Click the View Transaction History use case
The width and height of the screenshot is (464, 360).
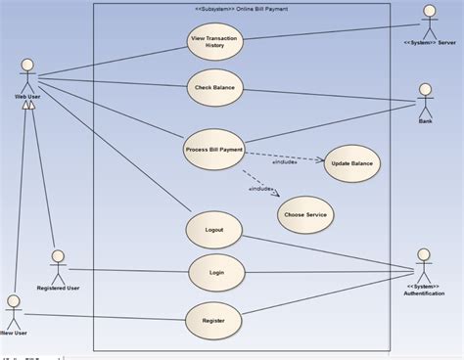[x=213, y=42]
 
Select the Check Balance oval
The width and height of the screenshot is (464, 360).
[x=213, y=88]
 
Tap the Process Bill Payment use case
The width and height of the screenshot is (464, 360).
[x=213, y=150]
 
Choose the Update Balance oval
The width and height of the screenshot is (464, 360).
[x=351, y=163]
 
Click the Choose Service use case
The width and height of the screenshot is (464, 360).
[x=304, y=214]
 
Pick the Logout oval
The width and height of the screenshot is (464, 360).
[x=213, y=230]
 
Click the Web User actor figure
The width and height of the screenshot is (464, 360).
[x=27, y=74]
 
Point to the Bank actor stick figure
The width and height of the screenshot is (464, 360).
[x=425, y=98]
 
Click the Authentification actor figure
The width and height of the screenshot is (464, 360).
[x=423, y=263]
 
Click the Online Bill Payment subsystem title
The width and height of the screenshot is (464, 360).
[x=241, y=9]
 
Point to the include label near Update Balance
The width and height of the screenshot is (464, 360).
[x=284, y=162]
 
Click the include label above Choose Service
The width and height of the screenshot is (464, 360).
[x=260, y=189]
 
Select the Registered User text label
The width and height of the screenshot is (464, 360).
[x=58, y=289]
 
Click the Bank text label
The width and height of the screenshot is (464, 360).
[x=425, y=121]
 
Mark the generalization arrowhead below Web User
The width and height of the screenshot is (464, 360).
[x=30, y=105]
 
